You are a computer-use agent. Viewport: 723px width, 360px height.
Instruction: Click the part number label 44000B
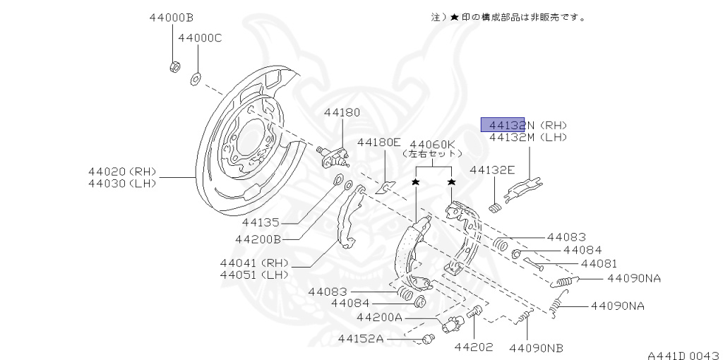click(171, 17)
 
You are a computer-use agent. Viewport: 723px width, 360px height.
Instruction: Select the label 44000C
click(200, 37)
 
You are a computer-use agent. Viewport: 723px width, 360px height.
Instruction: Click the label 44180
click(342, 112)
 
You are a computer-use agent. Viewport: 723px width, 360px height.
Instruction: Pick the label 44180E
click(378, 142)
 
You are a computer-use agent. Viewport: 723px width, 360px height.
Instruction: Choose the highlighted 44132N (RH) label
click(524, 125)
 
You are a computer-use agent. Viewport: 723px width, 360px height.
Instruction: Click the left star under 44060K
click(416, 183)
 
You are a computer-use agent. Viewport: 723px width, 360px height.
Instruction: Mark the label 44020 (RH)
click(122, 172)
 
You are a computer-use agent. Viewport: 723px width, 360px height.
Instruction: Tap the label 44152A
click(360, 339)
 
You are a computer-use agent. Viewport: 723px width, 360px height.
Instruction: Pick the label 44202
click(474, 347)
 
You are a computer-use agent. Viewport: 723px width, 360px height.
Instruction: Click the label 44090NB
click(537, 347)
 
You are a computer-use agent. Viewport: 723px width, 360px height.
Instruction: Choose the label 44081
click(599, 263)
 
